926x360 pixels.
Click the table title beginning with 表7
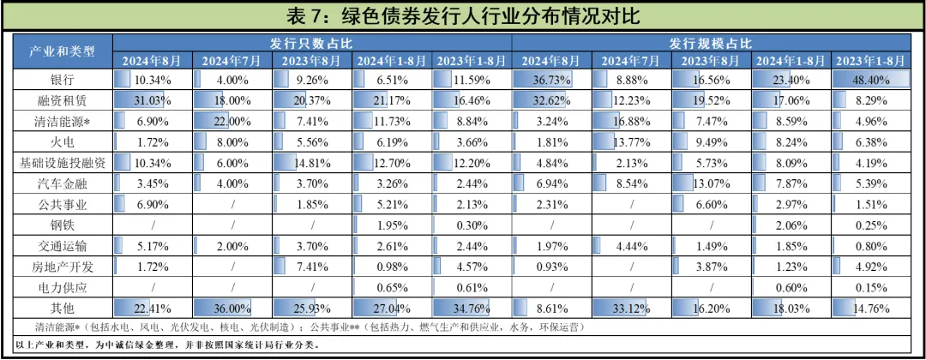click(x=462, y=15)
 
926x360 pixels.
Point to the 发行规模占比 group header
click(x=711, y=42)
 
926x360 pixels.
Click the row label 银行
click(x=58, y=79)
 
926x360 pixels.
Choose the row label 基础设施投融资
click(x=58, y=163)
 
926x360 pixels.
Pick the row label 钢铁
click(x=58, y=225)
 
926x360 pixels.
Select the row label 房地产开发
click(x=58, y=266)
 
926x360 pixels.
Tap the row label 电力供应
click(x=58, y=286)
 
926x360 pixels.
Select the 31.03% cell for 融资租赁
click(x=153, y=100)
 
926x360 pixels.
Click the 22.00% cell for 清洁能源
click(x=232, y=121)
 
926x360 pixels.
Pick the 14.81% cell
click(x=312, y=163)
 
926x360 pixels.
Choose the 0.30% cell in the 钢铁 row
click(x=472, y=225)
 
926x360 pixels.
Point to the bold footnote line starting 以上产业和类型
click(x=167, y=345)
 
